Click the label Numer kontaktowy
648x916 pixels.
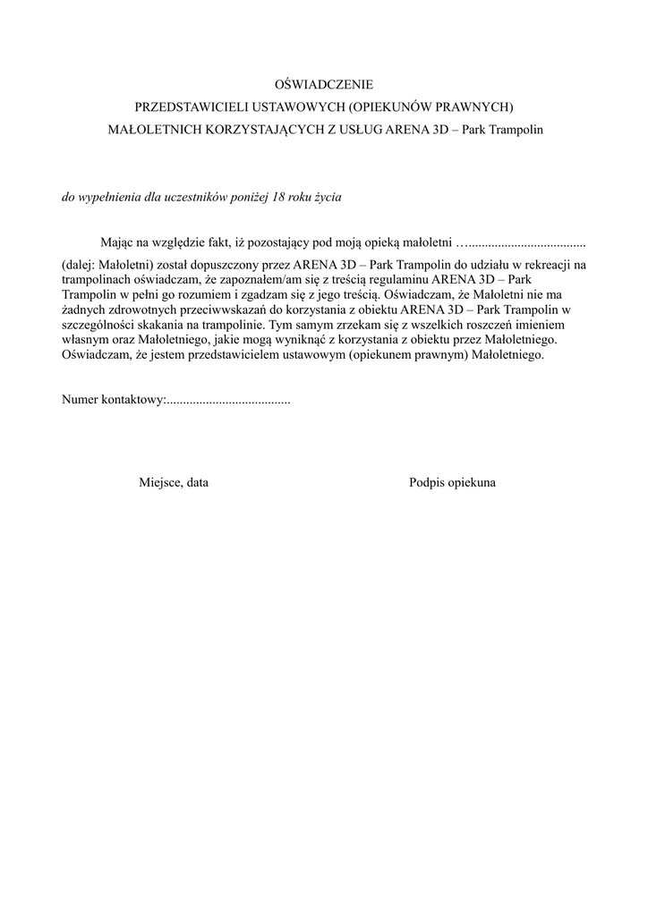[114, 400]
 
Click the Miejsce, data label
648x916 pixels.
[174, 482]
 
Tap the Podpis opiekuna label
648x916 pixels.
[453, 482]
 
